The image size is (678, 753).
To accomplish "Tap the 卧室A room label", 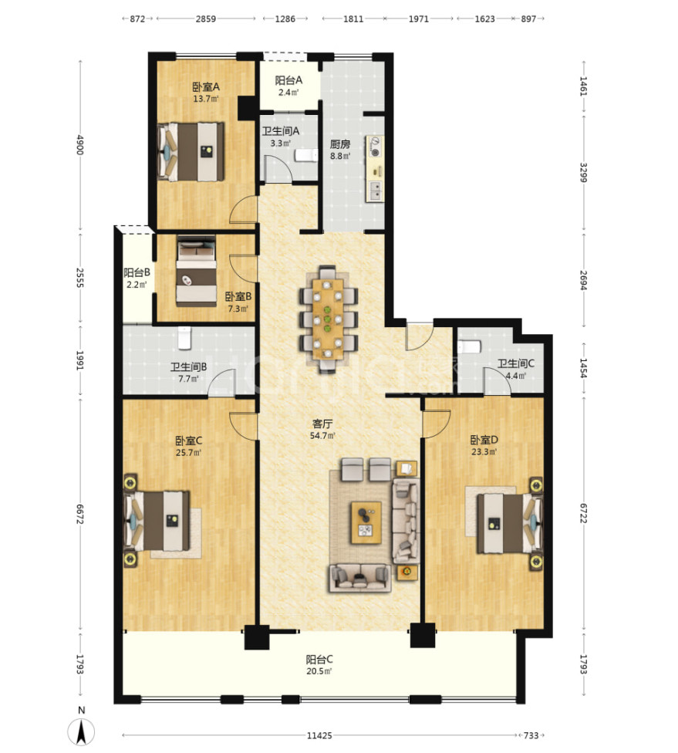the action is [205, 87].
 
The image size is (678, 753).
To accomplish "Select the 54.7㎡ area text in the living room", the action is [322, 436].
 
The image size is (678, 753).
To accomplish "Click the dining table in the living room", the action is [328, 319].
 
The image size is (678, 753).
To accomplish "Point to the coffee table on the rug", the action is [366, 522].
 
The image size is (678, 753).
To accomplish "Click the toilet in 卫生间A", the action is [306, 155].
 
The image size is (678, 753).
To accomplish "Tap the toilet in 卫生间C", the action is [469, 346].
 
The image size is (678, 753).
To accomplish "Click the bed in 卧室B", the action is [196, 271].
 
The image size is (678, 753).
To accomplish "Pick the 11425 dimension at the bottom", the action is [319, 735].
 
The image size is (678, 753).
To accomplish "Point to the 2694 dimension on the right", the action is [583, 280].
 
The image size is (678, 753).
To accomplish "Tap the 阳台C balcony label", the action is [319, 660].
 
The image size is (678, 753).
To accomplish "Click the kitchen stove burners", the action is [375, 147].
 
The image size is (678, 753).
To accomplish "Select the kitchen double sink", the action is [375, 191].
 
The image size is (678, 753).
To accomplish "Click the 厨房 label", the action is [340, 144].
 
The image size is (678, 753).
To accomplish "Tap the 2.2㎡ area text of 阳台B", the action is [137, 284].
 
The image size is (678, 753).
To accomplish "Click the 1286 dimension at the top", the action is [285, 19].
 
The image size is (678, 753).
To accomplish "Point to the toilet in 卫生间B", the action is [184, 339].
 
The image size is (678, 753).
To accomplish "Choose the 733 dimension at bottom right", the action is [531, 735].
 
